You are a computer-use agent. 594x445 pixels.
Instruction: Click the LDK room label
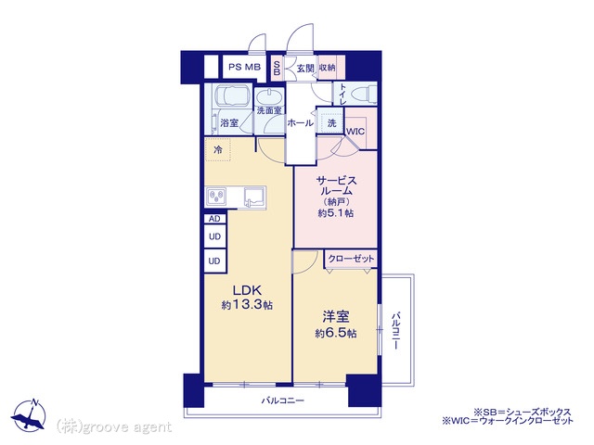pos(247,290)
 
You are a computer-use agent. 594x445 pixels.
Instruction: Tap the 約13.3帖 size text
pos(247,305)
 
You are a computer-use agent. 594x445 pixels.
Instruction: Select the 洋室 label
pos(336,317)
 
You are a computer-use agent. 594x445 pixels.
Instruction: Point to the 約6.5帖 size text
pos(336,334)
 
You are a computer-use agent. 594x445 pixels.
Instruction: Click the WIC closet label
pos(355,132)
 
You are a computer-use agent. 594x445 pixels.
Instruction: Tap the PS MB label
pos(245,68)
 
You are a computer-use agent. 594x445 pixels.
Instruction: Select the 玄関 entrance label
pos(305,69)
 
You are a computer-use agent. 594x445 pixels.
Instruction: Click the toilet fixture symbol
pos(363,93)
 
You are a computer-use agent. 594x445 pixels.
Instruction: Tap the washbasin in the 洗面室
pos(269,96)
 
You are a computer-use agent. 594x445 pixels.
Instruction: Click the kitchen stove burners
pos(216,197)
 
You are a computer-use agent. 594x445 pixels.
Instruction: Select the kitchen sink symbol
pos(255,197)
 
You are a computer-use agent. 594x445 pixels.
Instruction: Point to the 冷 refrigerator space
pos(217,150)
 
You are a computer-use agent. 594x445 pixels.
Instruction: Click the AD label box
pos(214,219)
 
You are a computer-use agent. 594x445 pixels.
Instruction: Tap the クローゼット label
pos(351,259)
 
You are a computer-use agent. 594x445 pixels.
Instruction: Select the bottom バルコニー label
pos(282,400)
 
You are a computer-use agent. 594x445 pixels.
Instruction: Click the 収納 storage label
pos(328,68)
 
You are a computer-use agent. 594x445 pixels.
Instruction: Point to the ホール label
pos(300,123)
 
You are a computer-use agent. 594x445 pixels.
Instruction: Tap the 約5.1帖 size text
pos(336,213)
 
